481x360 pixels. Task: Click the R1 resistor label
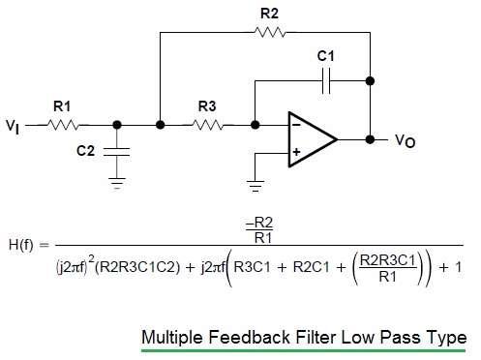click(x=61, y=106)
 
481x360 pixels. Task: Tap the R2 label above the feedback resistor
click(x=268, y=14)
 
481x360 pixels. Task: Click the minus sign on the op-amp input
click(x=296, y=125)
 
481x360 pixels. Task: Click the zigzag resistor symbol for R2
click(x=268, y=32)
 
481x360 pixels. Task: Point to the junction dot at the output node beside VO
click(x=370, y=138)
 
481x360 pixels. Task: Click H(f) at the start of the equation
click(x=24, y=246)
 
